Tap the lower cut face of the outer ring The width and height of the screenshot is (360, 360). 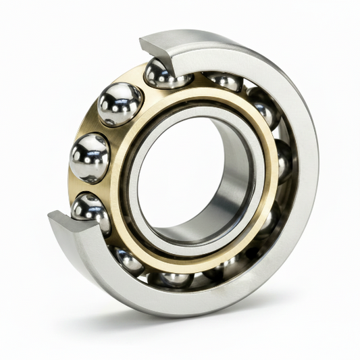pos(68,223)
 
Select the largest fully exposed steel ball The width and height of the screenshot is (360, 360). pos(120,104)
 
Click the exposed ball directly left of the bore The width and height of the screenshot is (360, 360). pos(89,157)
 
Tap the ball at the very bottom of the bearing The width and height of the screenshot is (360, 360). pos(174,278)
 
